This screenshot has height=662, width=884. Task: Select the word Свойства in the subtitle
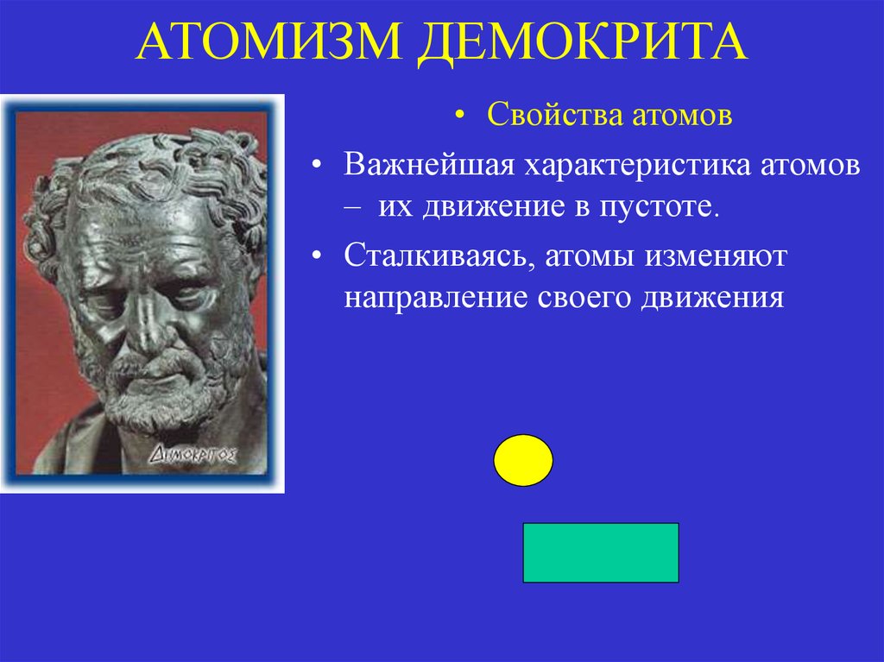(x=546, y=115)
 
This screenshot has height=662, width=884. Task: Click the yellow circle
(x=523, y=460)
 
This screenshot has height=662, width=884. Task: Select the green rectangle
(x=601, y=552)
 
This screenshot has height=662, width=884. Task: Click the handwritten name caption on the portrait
(x=194, y=453)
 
